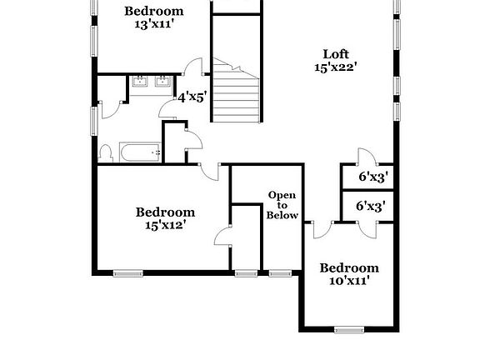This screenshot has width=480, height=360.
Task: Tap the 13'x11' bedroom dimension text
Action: point(154,24)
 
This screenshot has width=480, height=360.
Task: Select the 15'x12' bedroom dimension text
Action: point(165,224)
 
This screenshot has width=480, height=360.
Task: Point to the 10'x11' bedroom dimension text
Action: point(349,281)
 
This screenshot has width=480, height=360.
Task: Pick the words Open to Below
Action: point(282,205)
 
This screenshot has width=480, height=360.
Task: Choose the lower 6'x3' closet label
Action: point(371,206)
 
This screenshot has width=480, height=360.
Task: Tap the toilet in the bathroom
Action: point(106,152)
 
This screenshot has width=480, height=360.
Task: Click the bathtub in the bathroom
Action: point(140,152)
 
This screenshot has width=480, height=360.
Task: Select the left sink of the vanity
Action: point(139,82)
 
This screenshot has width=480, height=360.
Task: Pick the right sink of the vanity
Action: point(162,82)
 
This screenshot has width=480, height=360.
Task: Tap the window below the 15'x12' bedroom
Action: point(127,272)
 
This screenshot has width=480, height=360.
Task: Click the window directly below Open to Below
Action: point(280,272)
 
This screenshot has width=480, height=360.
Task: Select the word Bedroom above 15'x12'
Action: point(165,212)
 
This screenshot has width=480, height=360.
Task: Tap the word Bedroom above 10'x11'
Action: point(349,268)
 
